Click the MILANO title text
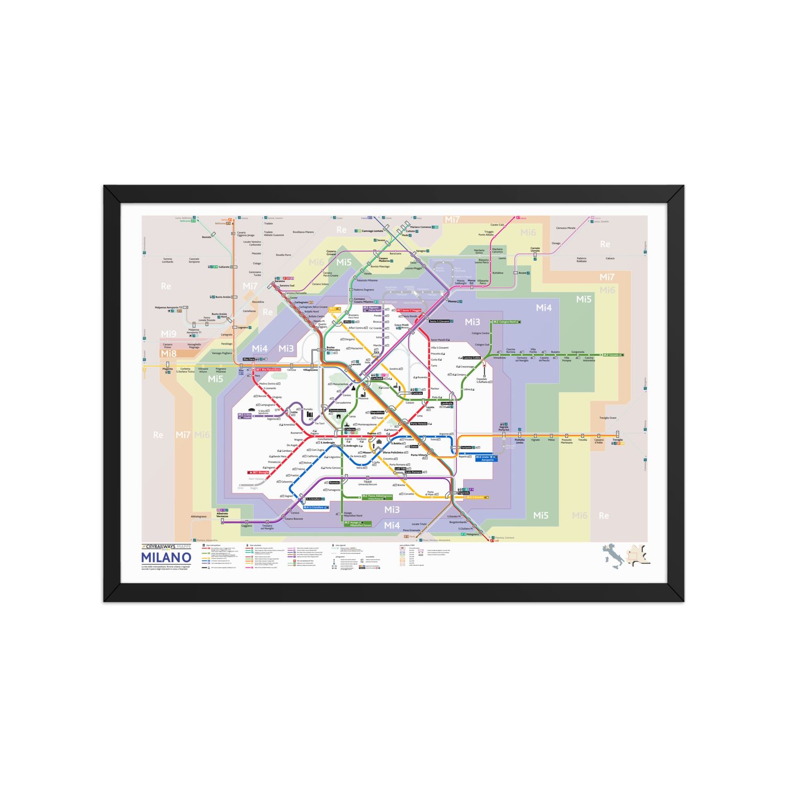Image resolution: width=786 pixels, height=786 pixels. click(x=166, y=558)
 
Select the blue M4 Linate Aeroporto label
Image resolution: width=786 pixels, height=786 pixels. click(x=485, y=458)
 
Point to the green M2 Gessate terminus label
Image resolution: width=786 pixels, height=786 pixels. click(x=612, y=355)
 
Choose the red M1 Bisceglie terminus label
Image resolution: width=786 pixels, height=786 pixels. click(x=259, y=472)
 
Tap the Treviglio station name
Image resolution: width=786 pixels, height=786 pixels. click(x=618, y=440)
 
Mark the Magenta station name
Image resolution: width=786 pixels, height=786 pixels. click(x=167, y=369)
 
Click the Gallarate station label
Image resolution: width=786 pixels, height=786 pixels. click(x=224, y=267)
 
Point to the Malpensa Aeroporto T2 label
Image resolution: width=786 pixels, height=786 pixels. click(x=168, y=308)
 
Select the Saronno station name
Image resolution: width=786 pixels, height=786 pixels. click(x=280, y=281)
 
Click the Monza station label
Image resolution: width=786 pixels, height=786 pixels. click(x=452, y=301)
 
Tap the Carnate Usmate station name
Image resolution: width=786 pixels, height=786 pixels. click(x=534, y=249)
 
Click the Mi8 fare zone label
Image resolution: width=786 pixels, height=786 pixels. click(x=169, y=354)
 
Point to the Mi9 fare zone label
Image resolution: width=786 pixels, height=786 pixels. click(x=169, y=334)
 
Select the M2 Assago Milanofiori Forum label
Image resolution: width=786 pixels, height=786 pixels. click(x=358, y=523)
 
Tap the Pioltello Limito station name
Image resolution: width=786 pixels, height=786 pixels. click(x=519, y=441)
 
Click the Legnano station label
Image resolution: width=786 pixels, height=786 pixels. click(x=243, y=327)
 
